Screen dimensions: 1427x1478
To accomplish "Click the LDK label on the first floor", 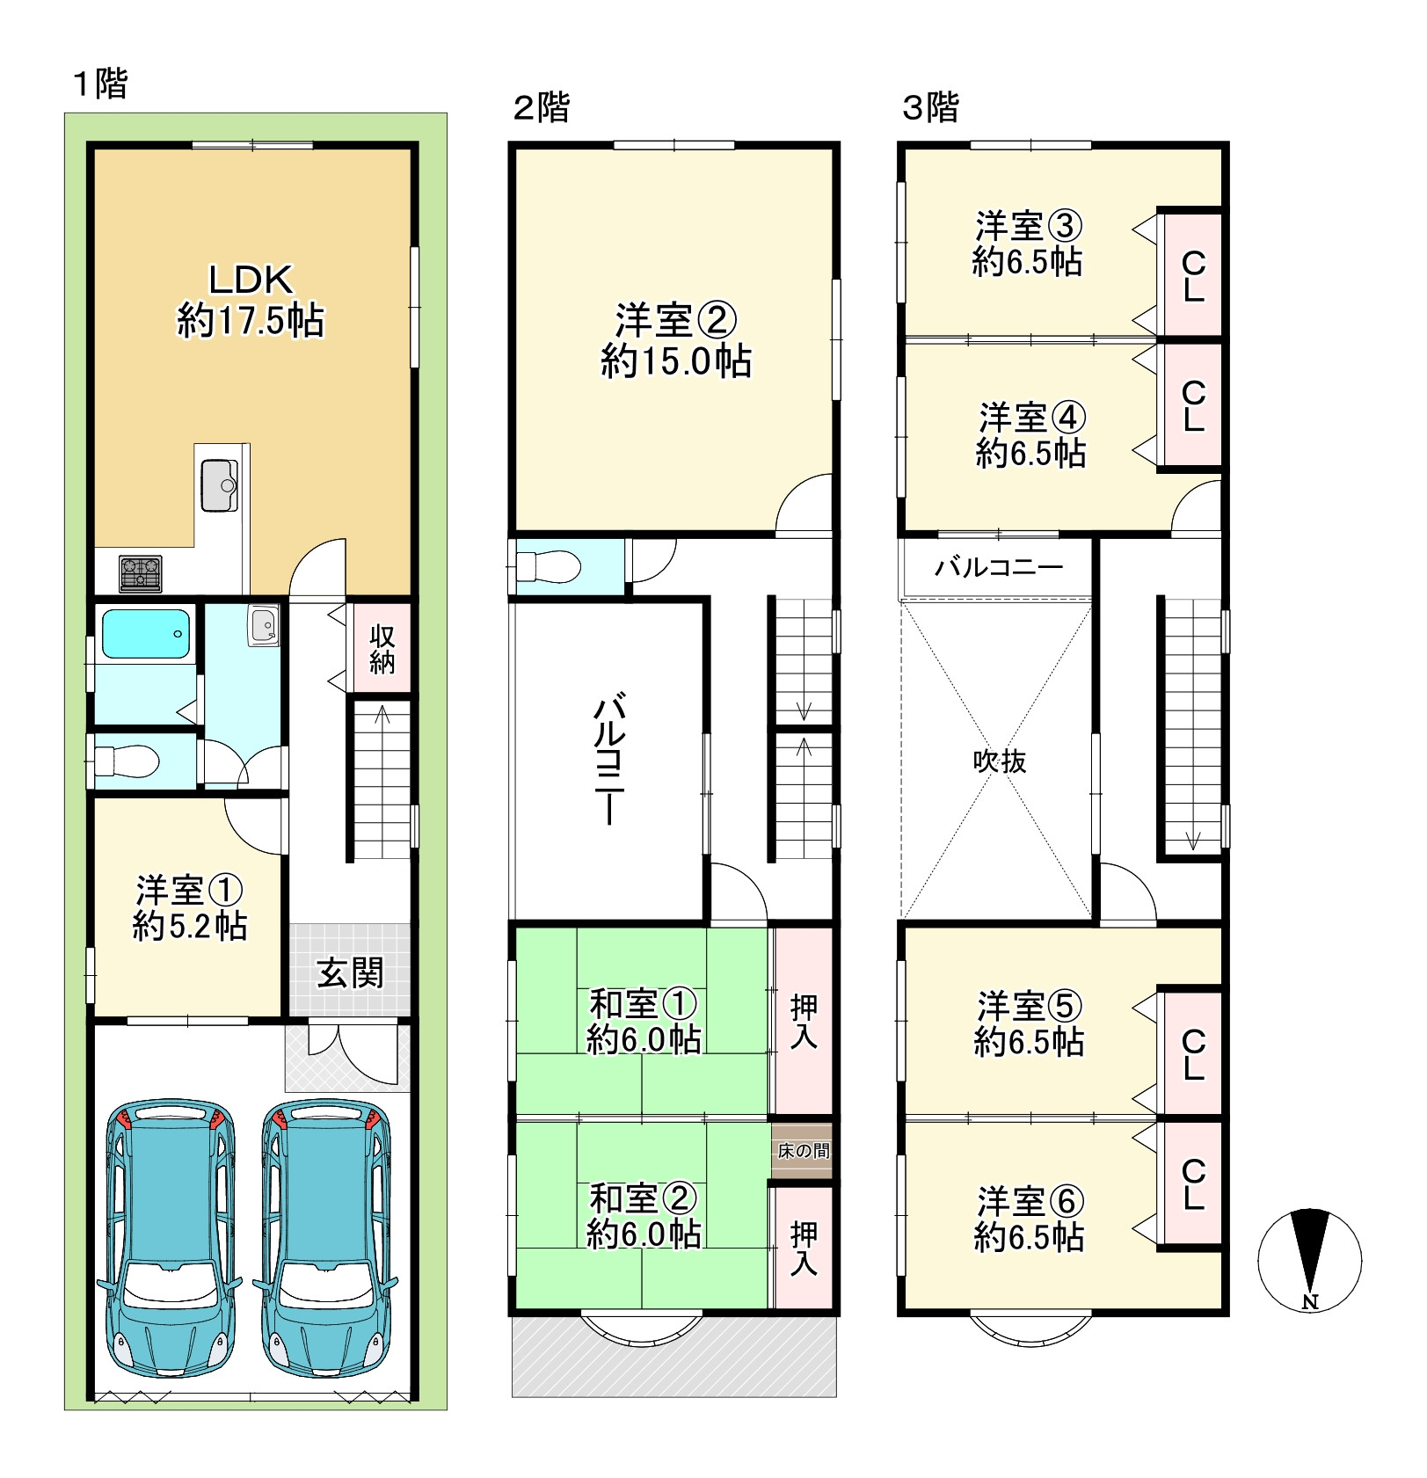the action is point(251,280).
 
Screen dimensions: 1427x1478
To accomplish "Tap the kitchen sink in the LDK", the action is point(219,485).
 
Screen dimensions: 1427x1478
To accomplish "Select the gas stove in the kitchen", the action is point(141,574).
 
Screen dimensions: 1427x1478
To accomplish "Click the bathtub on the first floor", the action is point(147,634).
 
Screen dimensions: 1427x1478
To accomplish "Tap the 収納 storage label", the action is point(382,648).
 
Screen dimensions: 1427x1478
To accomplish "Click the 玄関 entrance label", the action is point(350,972).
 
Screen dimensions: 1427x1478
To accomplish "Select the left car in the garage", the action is point(170,1237).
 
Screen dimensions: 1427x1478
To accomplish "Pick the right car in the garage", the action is point(326,1237).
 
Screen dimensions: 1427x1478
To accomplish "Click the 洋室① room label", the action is point(190,890).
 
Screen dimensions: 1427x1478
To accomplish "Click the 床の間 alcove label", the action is point(803,1150).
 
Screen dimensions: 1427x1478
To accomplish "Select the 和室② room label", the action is point(643,1198).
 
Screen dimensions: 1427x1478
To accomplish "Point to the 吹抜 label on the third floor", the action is point(1000,761).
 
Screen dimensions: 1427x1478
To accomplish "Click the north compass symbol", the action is point(1310,1260).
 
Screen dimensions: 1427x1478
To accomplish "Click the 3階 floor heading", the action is point(931,107).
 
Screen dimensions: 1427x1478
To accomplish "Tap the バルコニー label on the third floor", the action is point(999,566).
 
